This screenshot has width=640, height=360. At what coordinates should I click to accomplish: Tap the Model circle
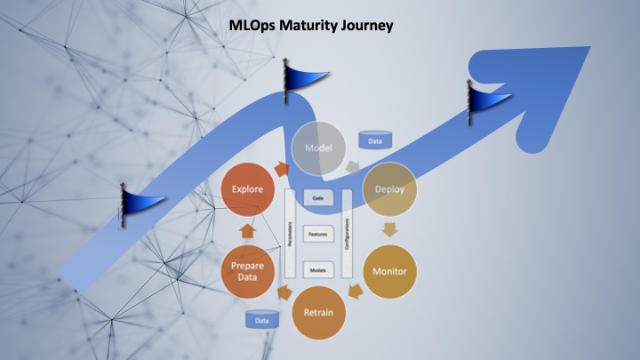tap(319, 147)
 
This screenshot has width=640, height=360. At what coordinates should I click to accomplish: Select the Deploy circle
tap(390, 188)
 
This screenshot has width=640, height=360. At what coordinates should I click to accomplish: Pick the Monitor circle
tap(390, 270)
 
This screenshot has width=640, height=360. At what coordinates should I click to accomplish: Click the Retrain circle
tap(319, 312)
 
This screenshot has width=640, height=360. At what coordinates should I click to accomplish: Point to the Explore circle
tap(248, 189)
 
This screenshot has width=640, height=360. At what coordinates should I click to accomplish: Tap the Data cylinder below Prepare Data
tap(262, 319)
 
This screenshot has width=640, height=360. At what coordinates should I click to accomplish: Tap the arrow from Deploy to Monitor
tap(390, 229)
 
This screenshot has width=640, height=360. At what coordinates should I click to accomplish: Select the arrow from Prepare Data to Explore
tap(248, 229)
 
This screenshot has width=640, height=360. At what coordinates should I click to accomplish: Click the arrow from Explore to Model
tap(283, 167)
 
